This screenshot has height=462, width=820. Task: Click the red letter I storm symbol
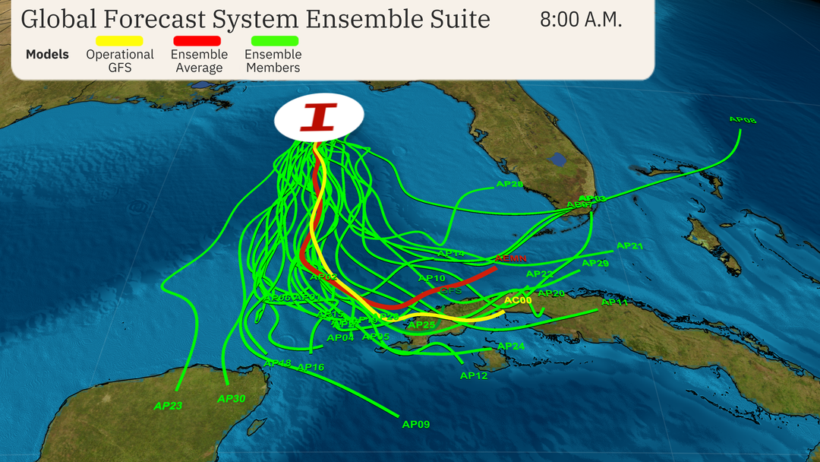pos(319,117)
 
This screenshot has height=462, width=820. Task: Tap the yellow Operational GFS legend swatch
pos(119,40)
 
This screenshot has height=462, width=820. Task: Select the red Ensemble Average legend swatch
pos(197,40)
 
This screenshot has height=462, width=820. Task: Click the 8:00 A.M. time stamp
pos(581,21)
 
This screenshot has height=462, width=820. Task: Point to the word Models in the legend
pos(47,55)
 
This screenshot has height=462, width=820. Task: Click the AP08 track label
pos(743,120)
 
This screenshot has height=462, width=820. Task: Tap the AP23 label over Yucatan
pos(168,406)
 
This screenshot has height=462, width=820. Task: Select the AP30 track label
pos(231,398)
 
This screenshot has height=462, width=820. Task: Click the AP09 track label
pos(415,424)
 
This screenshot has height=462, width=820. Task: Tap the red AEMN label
pos(511,258)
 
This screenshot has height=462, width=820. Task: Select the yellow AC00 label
pos(519,301)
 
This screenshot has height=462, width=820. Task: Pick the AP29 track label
pos(594,264)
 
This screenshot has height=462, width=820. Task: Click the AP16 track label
pos(311,368)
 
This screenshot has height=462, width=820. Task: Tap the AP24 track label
pos(511,346)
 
